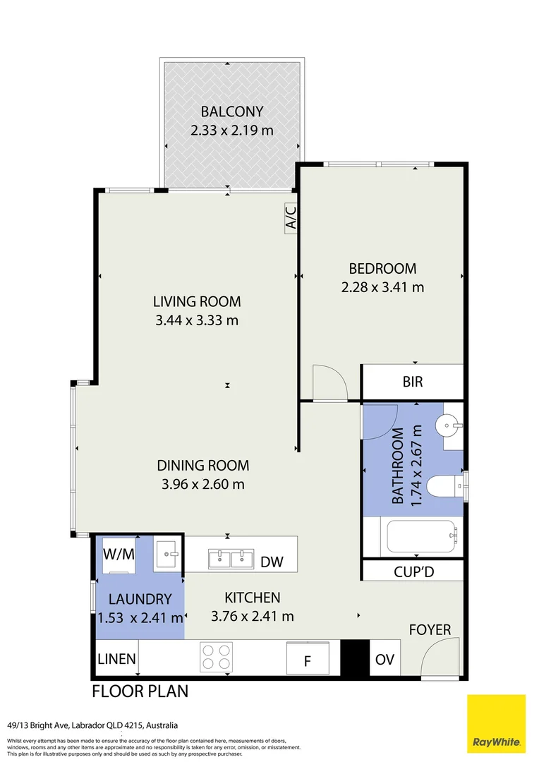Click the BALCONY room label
(x=232, y=111)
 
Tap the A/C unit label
(x=291, y=218)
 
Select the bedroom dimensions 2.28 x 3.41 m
(x=382, y=287)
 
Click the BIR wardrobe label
(x=413, y=382)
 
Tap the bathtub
(x=421, y=536)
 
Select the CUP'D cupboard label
(x=413, y=572)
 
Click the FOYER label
(x=430, y=630)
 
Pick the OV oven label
(x=384, y=660)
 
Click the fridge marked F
(x=307, y=658)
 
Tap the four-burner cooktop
(x=216, y=657)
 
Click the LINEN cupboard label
(x=116, y=659)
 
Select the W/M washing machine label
(x=119, y=554)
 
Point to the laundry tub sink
(x=168, y=554)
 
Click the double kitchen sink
(x=231, y=559)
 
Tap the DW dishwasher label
(x=272, y=562)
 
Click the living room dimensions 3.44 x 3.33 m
(x=197, y=320)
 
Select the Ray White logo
(x=496, y=724)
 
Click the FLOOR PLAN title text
(x=140, y=691)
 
